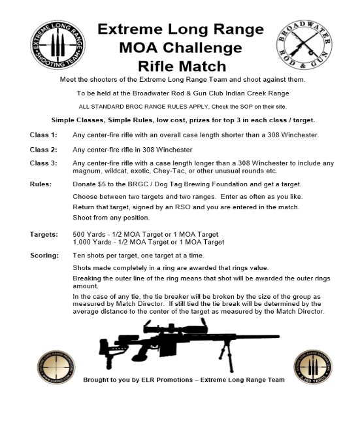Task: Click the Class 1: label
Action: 44,135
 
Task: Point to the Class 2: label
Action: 44,149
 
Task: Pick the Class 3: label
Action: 44,163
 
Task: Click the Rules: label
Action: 42,184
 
